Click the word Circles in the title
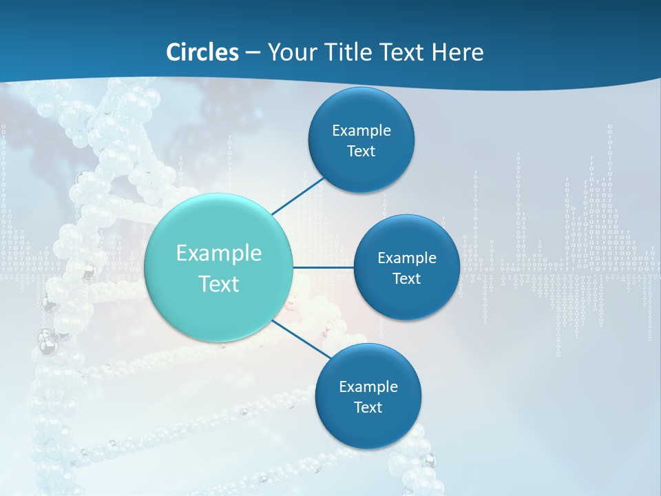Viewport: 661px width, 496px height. coord(202,52)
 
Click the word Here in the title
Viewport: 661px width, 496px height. coord(457,52)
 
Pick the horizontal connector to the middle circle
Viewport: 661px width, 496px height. coord(323,267)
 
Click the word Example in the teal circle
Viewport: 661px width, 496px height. coord(219,254)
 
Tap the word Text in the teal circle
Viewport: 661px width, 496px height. coord(219,284)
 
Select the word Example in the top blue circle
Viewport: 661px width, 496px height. coord(361,131)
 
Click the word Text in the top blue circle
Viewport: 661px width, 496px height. coord(361,152)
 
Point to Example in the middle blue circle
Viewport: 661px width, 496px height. coord(406,258)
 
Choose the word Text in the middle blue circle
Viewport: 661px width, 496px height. coord(406,279)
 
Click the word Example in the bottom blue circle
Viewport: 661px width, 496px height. coord(368,387)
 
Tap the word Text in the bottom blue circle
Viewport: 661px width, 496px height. coord(368,408)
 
